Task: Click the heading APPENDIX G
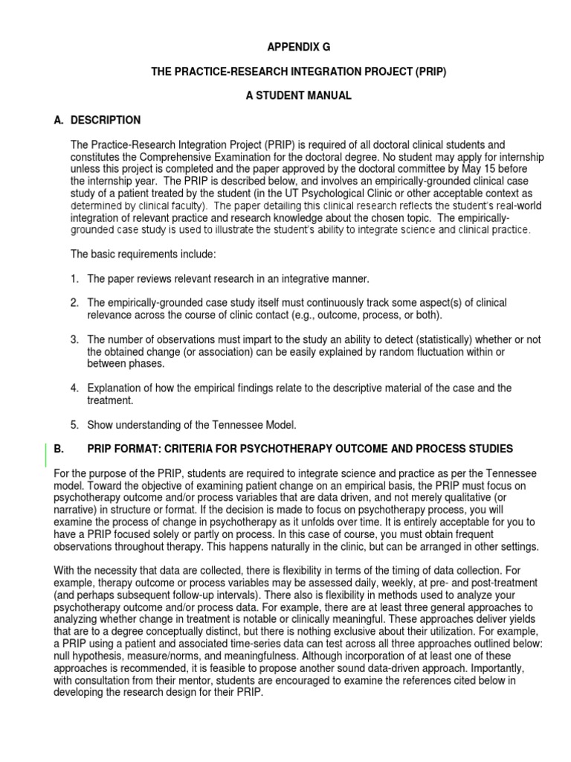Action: click(298, 47)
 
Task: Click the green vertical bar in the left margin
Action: click(46, 455)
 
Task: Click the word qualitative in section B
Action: click(487, 498)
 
